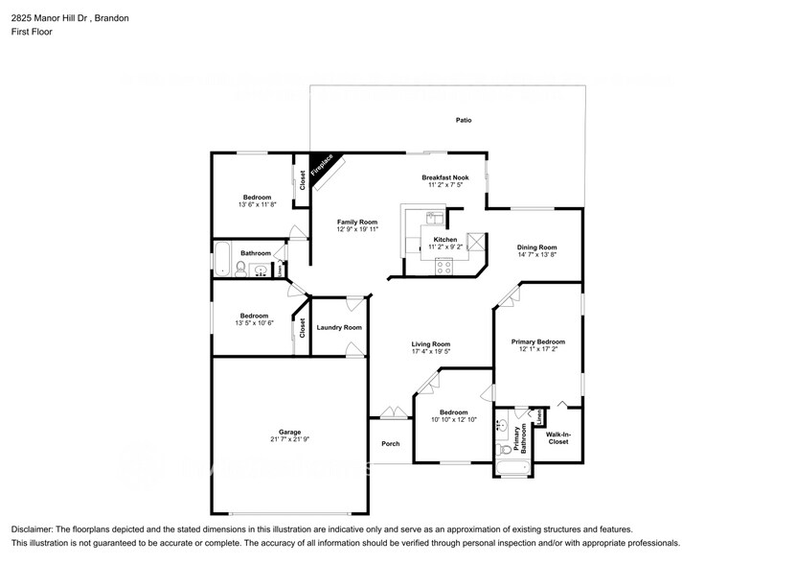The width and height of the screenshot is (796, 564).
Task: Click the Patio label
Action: (x=463, y=120)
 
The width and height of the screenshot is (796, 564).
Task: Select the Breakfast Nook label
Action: (x=445, y=177)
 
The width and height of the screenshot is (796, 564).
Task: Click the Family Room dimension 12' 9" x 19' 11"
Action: (x=356, y=230)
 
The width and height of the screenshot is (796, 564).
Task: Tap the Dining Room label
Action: (x=536, y=247)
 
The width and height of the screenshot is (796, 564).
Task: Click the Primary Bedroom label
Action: (x=537, y=341)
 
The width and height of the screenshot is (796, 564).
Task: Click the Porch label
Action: (x=390, y=443)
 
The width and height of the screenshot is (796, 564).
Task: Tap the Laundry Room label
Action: (x=339, y=327)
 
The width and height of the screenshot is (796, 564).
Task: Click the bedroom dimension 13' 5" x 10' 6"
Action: (x=254, y=324)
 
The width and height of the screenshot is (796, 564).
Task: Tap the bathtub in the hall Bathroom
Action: (x=220, y=259)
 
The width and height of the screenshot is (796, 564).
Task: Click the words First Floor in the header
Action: (x=33, y=32)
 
